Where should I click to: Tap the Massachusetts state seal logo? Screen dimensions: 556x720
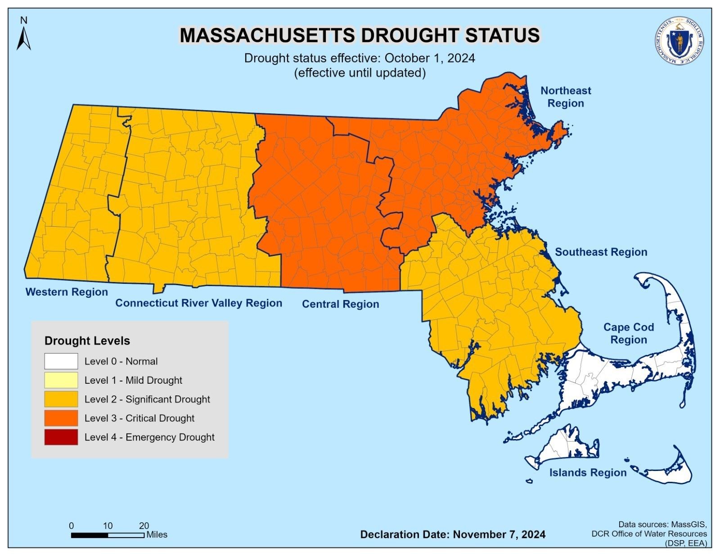point(679,42)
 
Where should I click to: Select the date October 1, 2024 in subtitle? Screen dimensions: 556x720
point(430,58)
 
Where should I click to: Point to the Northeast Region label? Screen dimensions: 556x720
point(565,97)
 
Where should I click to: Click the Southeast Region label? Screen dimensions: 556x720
point(601,252)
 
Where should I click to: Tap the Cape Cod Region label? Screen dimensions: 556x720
point(628,333)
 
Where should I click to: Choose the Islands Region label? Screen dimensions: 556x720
point(588,472)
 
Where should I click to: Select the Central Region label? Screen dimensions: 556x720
point(340,304)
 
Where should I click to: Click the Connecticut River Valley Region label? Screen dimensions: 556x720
point(198,303)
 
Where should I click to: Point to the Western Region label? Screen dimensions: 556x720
point(67,292)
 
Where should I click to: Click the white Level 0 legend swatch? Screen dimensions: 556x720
point(61,361)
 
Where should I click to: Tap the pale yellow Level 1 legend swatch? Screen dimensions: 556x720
point(61,380)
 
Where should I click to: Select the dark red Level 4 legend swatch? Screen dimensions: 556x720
point(61,437)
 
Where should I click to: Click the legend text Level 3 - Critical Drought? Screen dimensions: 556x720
point(139,418)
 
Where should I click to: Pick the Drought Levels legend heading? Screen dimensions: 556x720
point(87,341)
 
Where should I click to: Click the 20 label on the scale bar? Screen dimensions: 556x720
point(144,525)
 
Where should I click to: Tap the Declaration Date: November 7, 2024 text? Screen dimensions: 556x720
point(453,534)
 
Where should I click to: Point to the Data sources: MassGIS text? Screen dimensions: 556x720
point(662,524)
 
